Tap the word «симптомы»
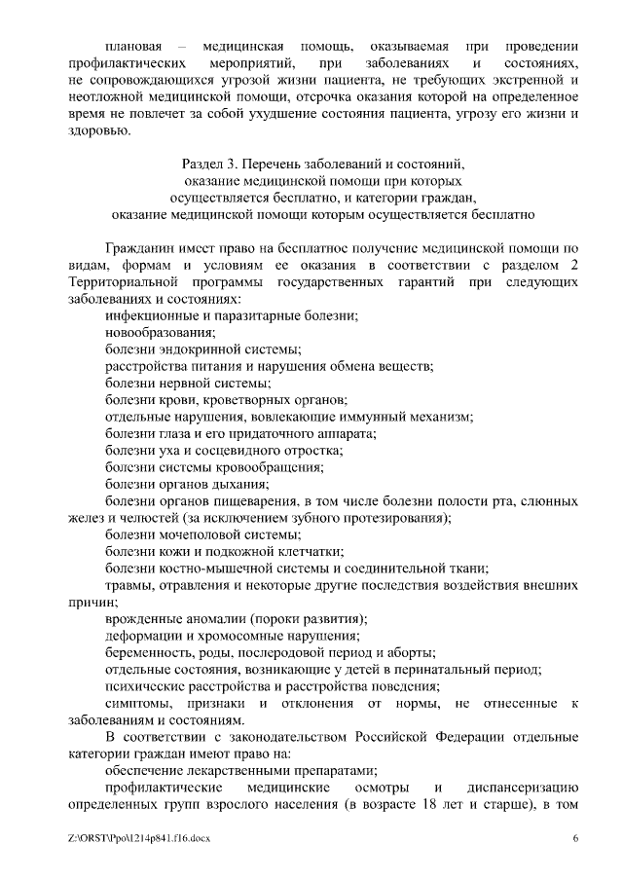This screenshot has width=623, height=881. [140, 703]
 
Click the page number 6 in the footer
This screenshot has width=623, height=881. [576, 838]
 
